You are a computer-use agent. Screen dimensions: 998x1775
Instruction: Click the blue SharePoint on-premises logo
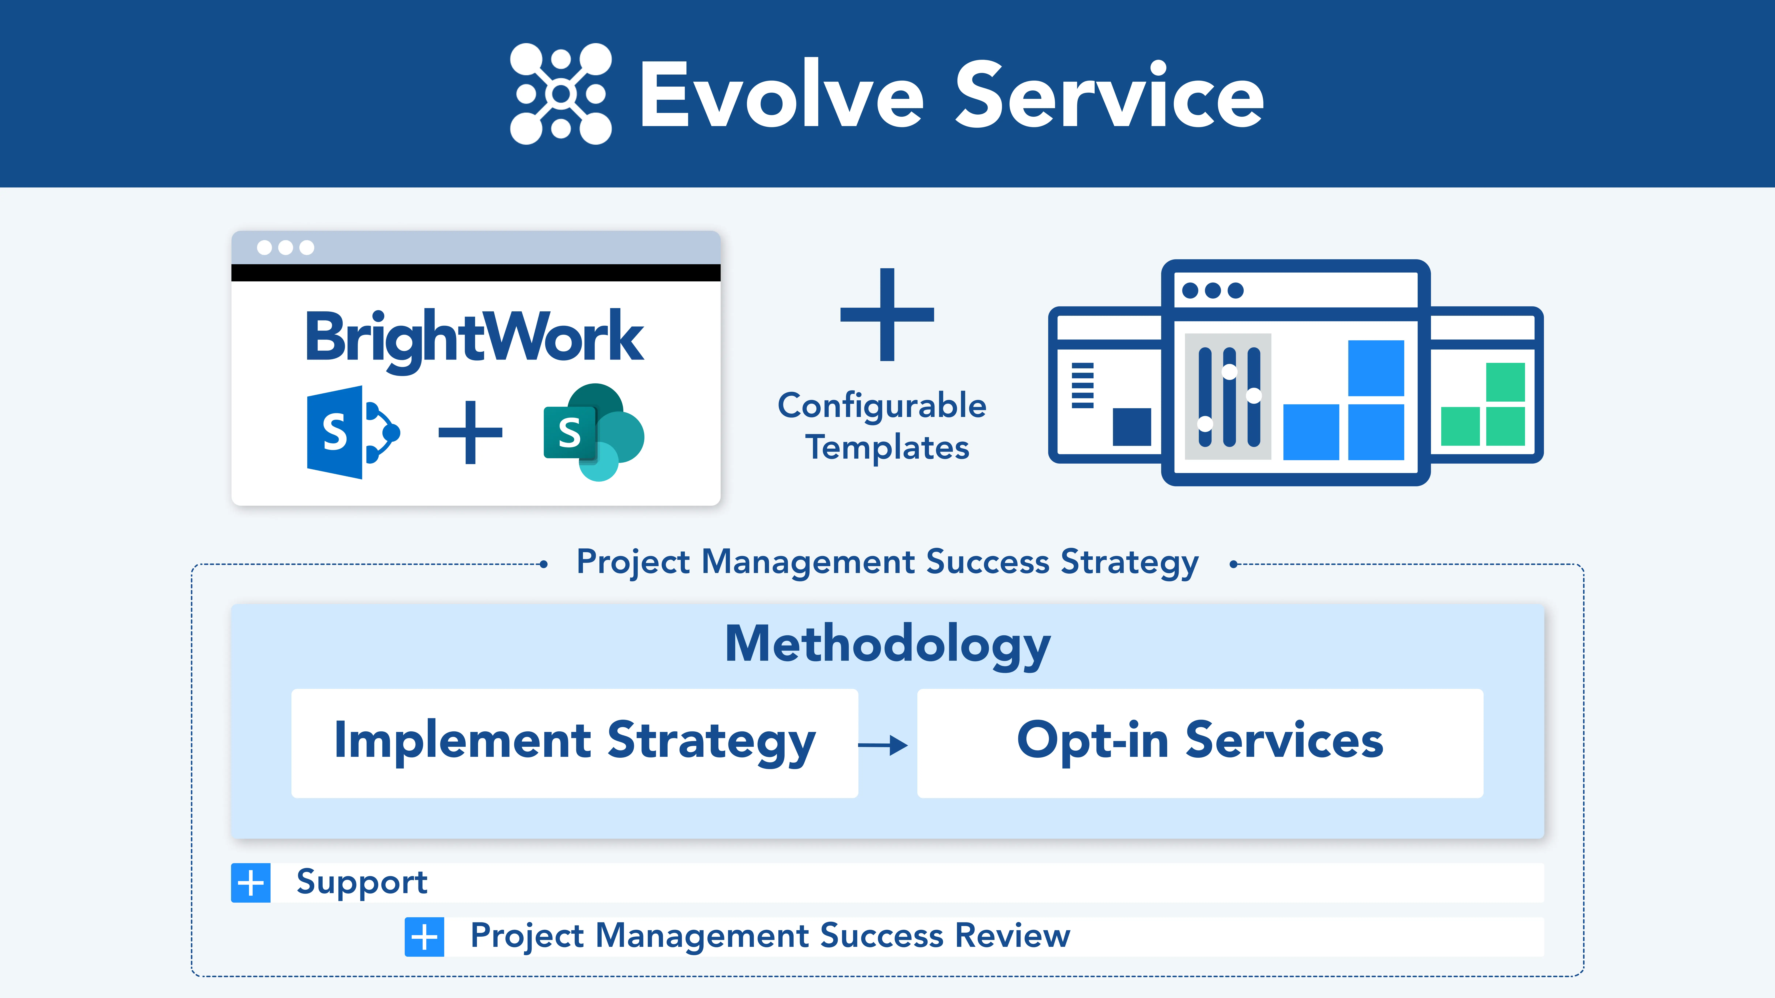pyautogui.click(x=351, y=432)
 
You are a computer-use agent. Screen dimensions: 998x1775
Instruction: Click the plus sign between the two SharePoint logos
pyautogui.click(x=471, y=432)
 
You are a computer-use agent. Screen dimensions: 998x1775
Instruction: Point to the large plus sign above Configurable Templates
pyautogui.click(x=887, y=315)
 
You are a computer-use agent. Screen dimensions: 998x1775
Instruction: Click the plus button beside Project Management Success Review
pyautogui.click(x=424, y=937)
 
